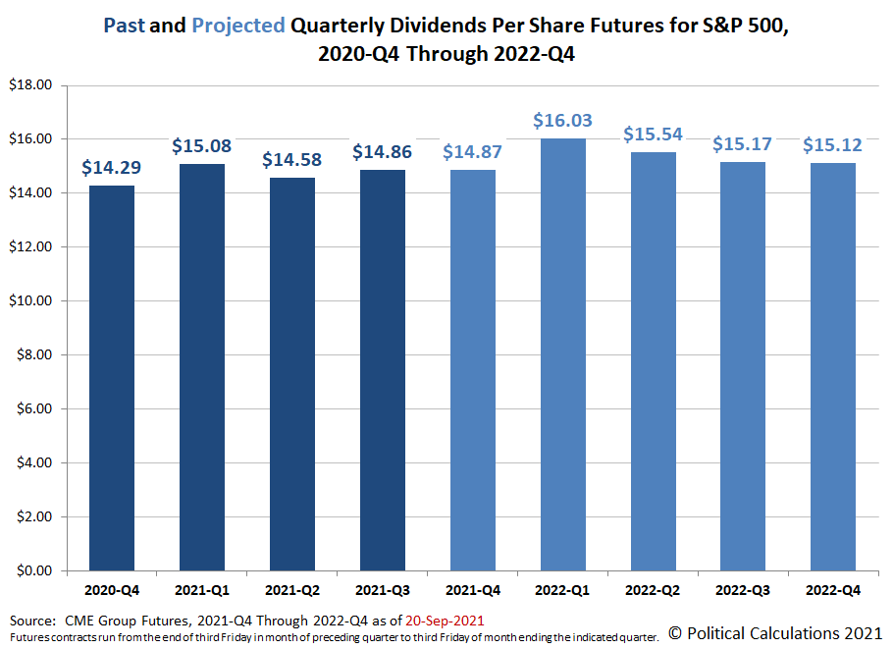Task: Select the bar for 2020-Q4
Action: pos(112,378)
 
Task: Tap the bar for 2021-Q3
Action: pos(383,370)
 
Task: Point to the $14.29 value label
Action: pos(112,168)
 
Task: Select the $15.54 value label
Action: pos(654,135)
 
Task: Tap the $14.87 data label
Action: pos(473,152)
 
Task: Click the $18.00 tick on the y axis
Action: pos(29,85)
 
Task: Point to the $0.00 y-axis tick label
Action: pos(32,570)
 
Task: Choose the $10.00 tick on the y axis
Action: pos(29,301)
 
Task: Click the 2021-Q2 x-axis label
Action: pos(292,592)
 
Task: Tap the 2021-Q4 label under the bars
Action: pos(473,592)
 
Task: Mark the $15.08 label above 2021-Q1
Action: pos(202,146)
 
